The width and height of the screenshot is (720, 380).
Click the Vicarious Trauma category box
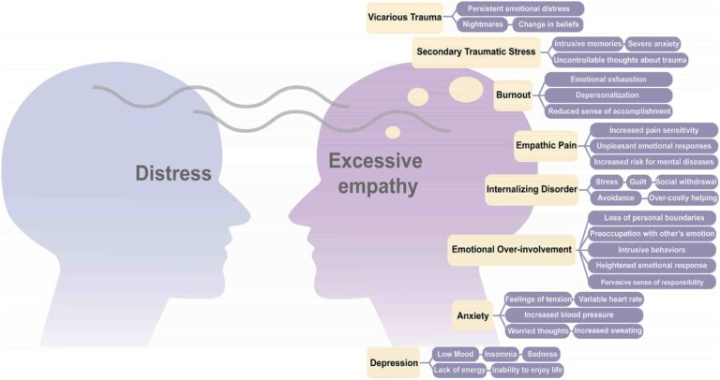(x=405, y=17)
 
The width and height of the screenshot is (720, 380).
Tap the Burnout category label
(x=513, y=95)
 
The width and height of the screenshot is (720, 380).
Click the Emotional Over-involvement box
(x=511, y=249)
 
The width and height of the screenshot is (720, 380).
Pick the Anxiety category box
(x=472, y=315)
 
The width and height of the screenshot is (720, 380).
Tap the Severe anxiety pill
(x=652, y=44)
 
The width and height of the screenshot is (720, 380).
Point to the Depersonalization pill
(x=607, y=95)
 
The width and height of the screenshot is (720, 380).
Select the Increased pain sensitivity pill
(x=652, y=130)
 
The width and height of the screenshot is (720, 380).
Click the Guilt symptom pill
(x=637, y=181)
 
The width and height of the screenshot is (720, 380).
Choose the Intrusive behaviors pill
(x=652, y=249)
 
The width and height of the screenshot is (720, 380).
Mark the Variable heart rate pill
(x=610, y=299)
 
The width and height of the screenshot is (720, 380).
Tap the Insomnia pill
(x=499, y=354)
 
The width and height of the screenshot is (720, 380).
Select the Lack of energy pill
(x=459, y=370)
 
